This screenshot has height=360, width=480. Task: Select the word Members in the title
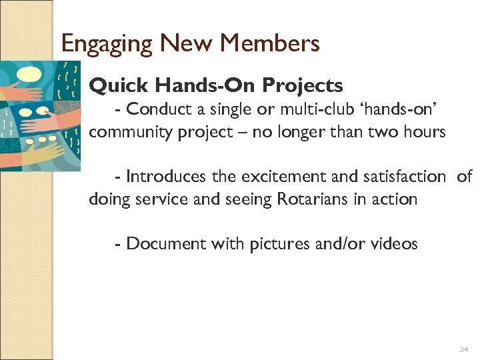(270, 44)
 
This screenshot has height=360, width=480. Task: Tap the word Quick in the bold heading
(115, 86)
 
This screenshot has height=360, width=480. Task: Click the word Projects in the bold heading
(303, 86)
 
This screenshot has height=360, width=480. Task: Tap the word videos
(393, 244)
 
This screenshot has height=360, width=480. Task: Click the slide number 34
(464, 349)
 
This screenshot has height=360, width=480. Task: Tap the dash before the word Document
(118, 244)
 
